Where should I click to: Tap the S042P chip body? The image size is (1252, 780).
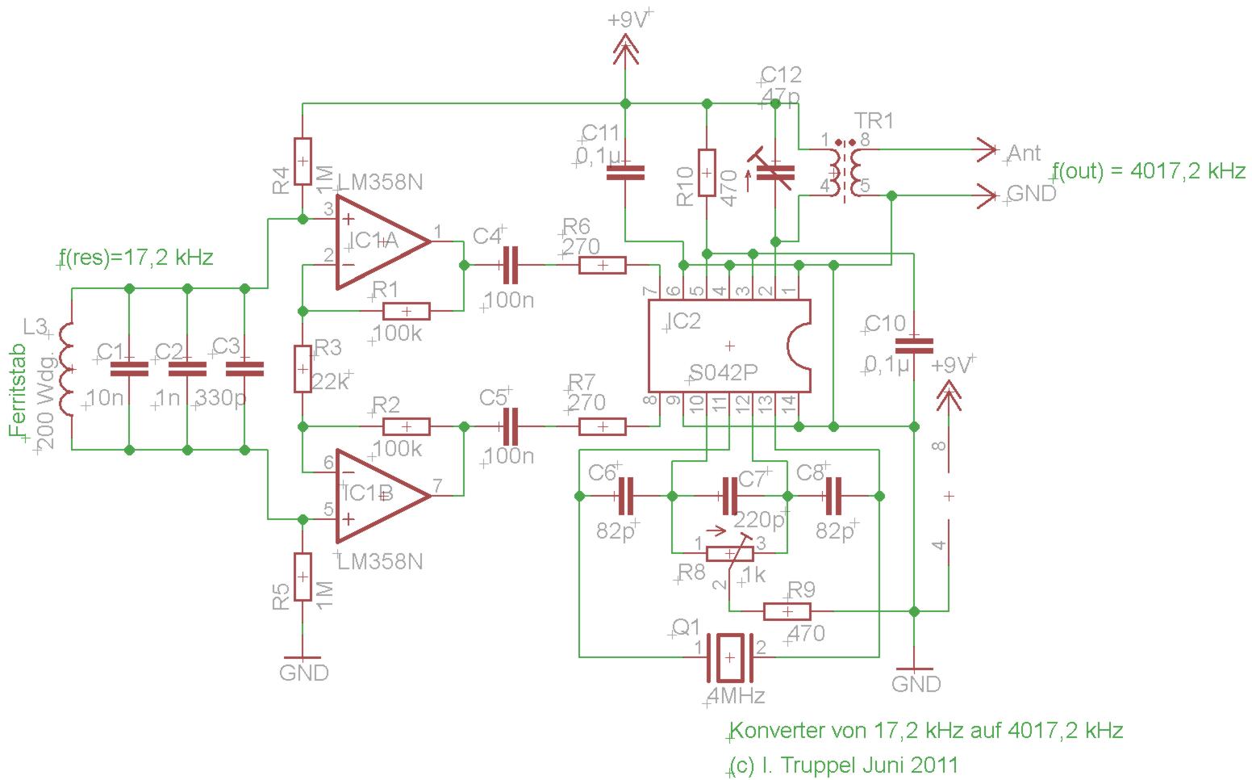click(729, 345)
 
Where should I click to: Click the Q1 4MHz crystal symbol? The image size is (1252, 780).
click(729, 656)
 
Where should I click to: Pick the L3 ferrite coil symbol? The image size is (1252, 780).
click(66, 369)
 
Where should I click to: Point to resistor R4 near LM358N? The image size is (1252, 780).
click(303, 161)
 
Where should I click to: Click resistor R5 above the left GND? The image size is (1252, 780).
click(303, 577)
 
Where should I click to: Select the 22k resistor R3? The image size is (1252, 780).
click(303, 369)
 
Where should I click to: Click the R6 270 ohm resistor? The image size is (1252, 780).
click(603, 265)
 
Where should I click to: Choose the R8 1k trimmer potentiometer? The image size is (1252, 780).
click(729, 553)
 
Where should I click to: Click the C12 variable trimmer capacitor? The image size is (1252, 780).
click(774, 171)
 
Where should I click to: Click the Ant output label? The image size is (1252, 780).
click(1025, 153)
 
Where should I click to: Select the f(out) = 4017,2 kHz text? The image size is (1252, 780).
click(1149, 171)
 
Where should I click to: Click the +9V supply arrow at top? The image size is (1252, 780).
click(626, 52)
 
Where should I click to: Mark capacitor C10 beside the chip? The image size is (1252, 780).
click(914, 346)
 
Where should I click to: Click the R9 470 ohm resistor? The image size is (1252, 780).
click(787, 611)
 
